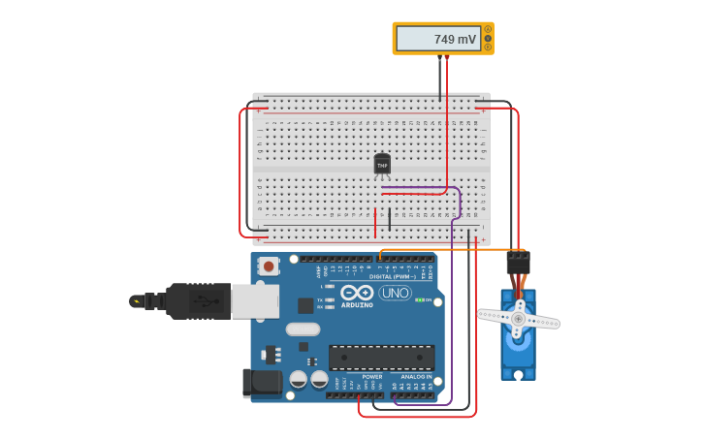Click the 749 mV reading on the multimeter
click(455, 40)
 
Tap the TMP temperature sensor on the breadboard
click(382, 165)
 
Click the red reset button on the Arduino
click(268, 265)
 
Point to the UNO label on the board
click(396, 293)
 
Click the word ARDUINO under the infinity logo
click(356, 305)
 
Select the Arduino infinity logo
click(357, 292)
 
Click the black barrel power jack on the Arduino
click(260, 383)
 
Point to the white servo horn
click(519, 319)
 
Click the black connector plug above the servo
click(518, 262)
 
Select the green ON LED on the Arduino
click(419, 300)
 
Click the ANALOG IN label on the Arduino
click(416, 377)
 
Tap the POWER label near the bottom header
click(371, 377)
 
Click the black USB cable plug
click(198, 300)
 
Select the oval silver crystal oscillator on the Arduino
click(303, 329)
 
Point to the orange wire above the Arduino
click(446, 250)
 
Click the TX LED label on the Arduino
click(320, 300)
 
